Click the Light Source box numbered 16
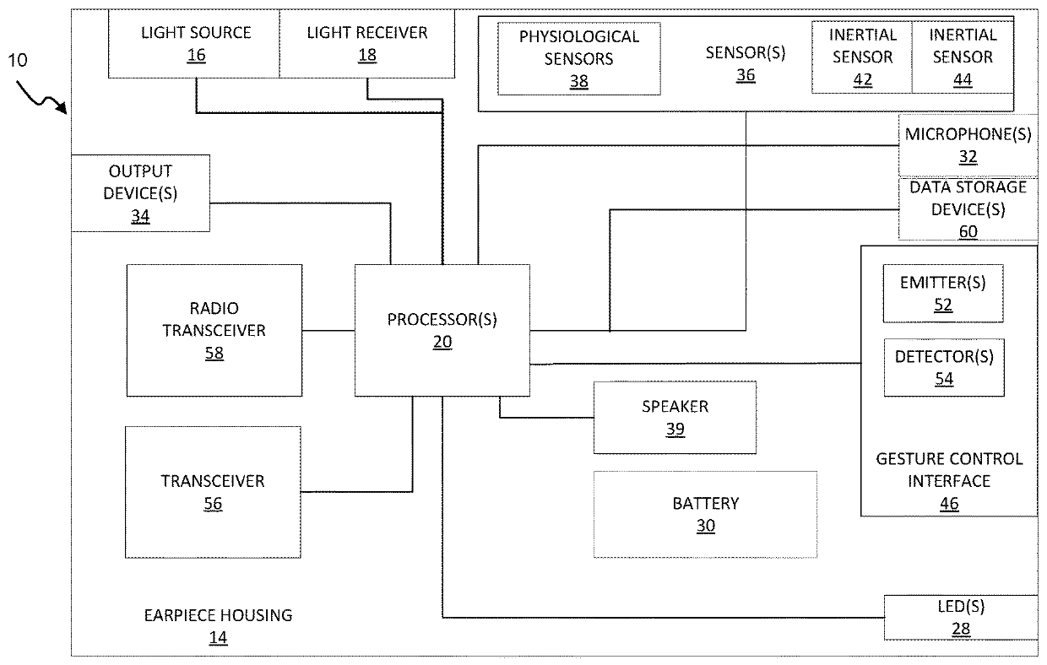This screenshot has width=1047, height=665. tap(194, 43)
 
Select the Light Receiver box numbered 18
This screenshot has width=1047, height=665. tap(367, 43)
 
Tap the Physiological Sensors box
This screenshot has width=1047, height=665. tap(578, 59)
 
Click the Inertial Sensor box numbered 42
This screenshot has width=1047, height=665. tap(862, 57)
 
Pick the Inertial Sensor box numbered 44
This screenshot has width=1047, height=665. tap(963, 57)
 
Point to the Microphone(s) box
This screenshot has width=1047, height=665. tap(968, 145)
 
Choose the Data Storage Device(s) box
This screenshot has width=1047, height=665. tap(968, 209)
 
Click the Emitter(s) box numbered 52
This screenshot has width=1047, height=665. tap(943, 294)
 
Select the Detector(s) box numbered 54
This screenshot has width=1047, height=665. tap(944, 367)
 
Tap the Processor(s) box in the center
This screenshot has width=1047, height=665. tap(442, 331)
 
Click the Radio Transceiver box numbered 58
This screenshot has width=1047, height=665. tap(214, 331)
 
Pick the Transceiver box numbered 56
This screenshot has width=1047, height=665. tap(213, 492)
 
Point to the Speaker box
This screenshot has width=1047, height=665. tap(675, 418)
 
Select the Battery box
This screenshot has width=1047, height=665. tap(705, 514)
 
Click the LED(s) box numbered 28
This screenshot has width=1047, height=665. tap(961, 618)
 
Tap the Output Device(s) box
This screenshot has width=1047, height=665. tap(140, 193)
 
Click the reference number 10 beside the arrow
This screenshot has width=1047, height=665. tap(18, 60)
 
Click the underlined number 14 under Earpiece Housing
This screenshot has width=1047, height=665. tap(218, 638)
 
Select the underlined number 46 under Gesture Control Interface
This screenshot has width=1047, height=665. tap(949, 504)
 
